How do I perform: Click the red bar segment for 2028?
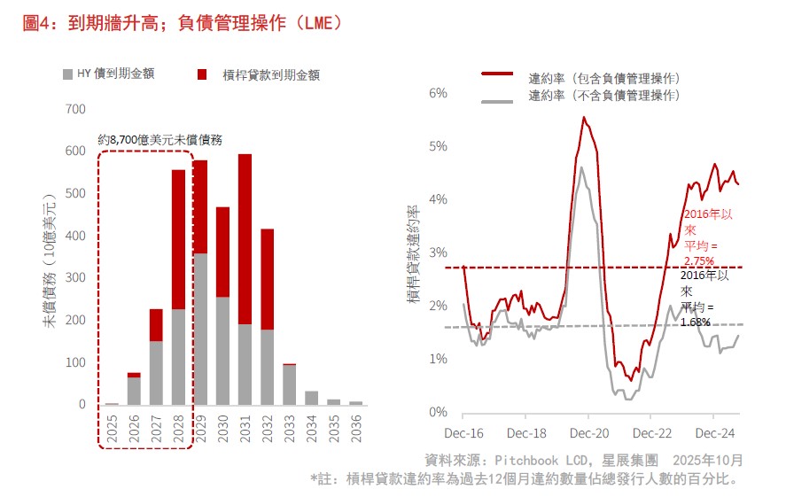(179, 239)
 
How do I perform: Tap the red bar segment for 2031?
(245, 239)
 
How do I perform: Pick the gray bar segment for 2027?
(157, 373)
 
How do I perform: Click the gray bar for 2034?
(311, 398)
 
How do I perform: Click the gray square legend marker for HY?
(68, 74)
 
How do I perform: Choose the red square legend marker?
(202, 74)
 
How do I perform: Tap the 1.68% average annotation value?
(696, 322)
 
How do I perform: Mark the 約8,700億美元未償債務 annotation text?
(160, 140)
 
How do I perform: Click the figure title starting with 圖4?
(182, 24)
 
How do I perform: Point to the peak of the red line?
(584, 117)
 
